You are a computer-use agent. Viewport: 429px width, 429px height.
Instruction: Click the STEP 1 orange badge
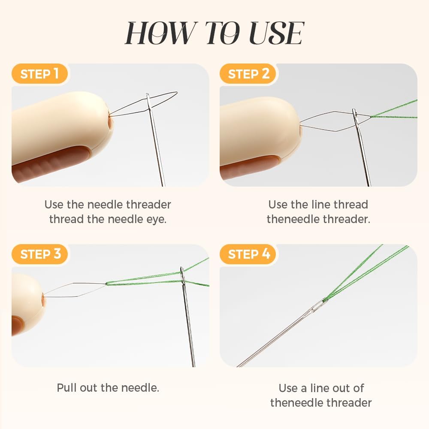[39, 74]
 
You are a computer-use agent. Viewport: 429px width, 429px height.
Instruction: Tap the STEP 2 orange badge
[248, 74]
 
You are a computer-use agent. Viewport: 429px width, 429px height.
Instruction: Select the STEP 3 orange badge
[39, 254]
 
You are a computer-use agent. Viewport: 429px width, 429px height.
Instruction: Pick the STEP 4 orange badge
[248, 254]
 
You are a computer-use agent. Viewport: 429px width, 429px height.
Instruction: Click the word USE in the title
[277, 33]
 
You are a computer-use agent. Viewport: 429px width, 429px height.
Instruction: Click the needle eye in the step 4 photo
[318, 305]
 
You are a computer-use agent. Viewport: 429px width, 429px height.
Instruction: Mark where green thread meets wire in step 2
[371, 117]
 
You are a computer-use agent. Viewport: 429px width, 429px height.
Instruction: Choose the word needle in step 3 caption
[140, 388]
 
